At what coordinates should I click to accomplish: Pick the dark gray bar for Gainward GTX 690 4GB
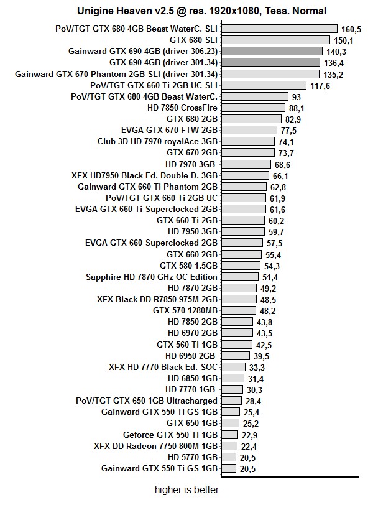271,51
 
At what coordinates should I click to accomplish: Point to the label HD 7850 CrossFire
182,108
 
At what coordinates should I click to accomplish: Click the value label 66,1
282,175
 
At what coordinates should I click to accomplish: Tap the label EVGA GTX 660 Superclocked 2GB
151,243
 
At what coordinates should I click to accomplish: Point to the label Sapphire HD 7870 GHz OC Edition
152,277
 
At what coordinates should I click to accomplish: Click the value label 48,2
268,310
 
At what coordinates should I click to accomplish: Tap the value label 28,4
252,401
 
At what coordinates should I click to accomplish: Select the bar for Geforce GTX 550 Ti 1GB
229,434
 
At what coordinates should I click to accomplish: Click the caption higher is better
187,489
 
